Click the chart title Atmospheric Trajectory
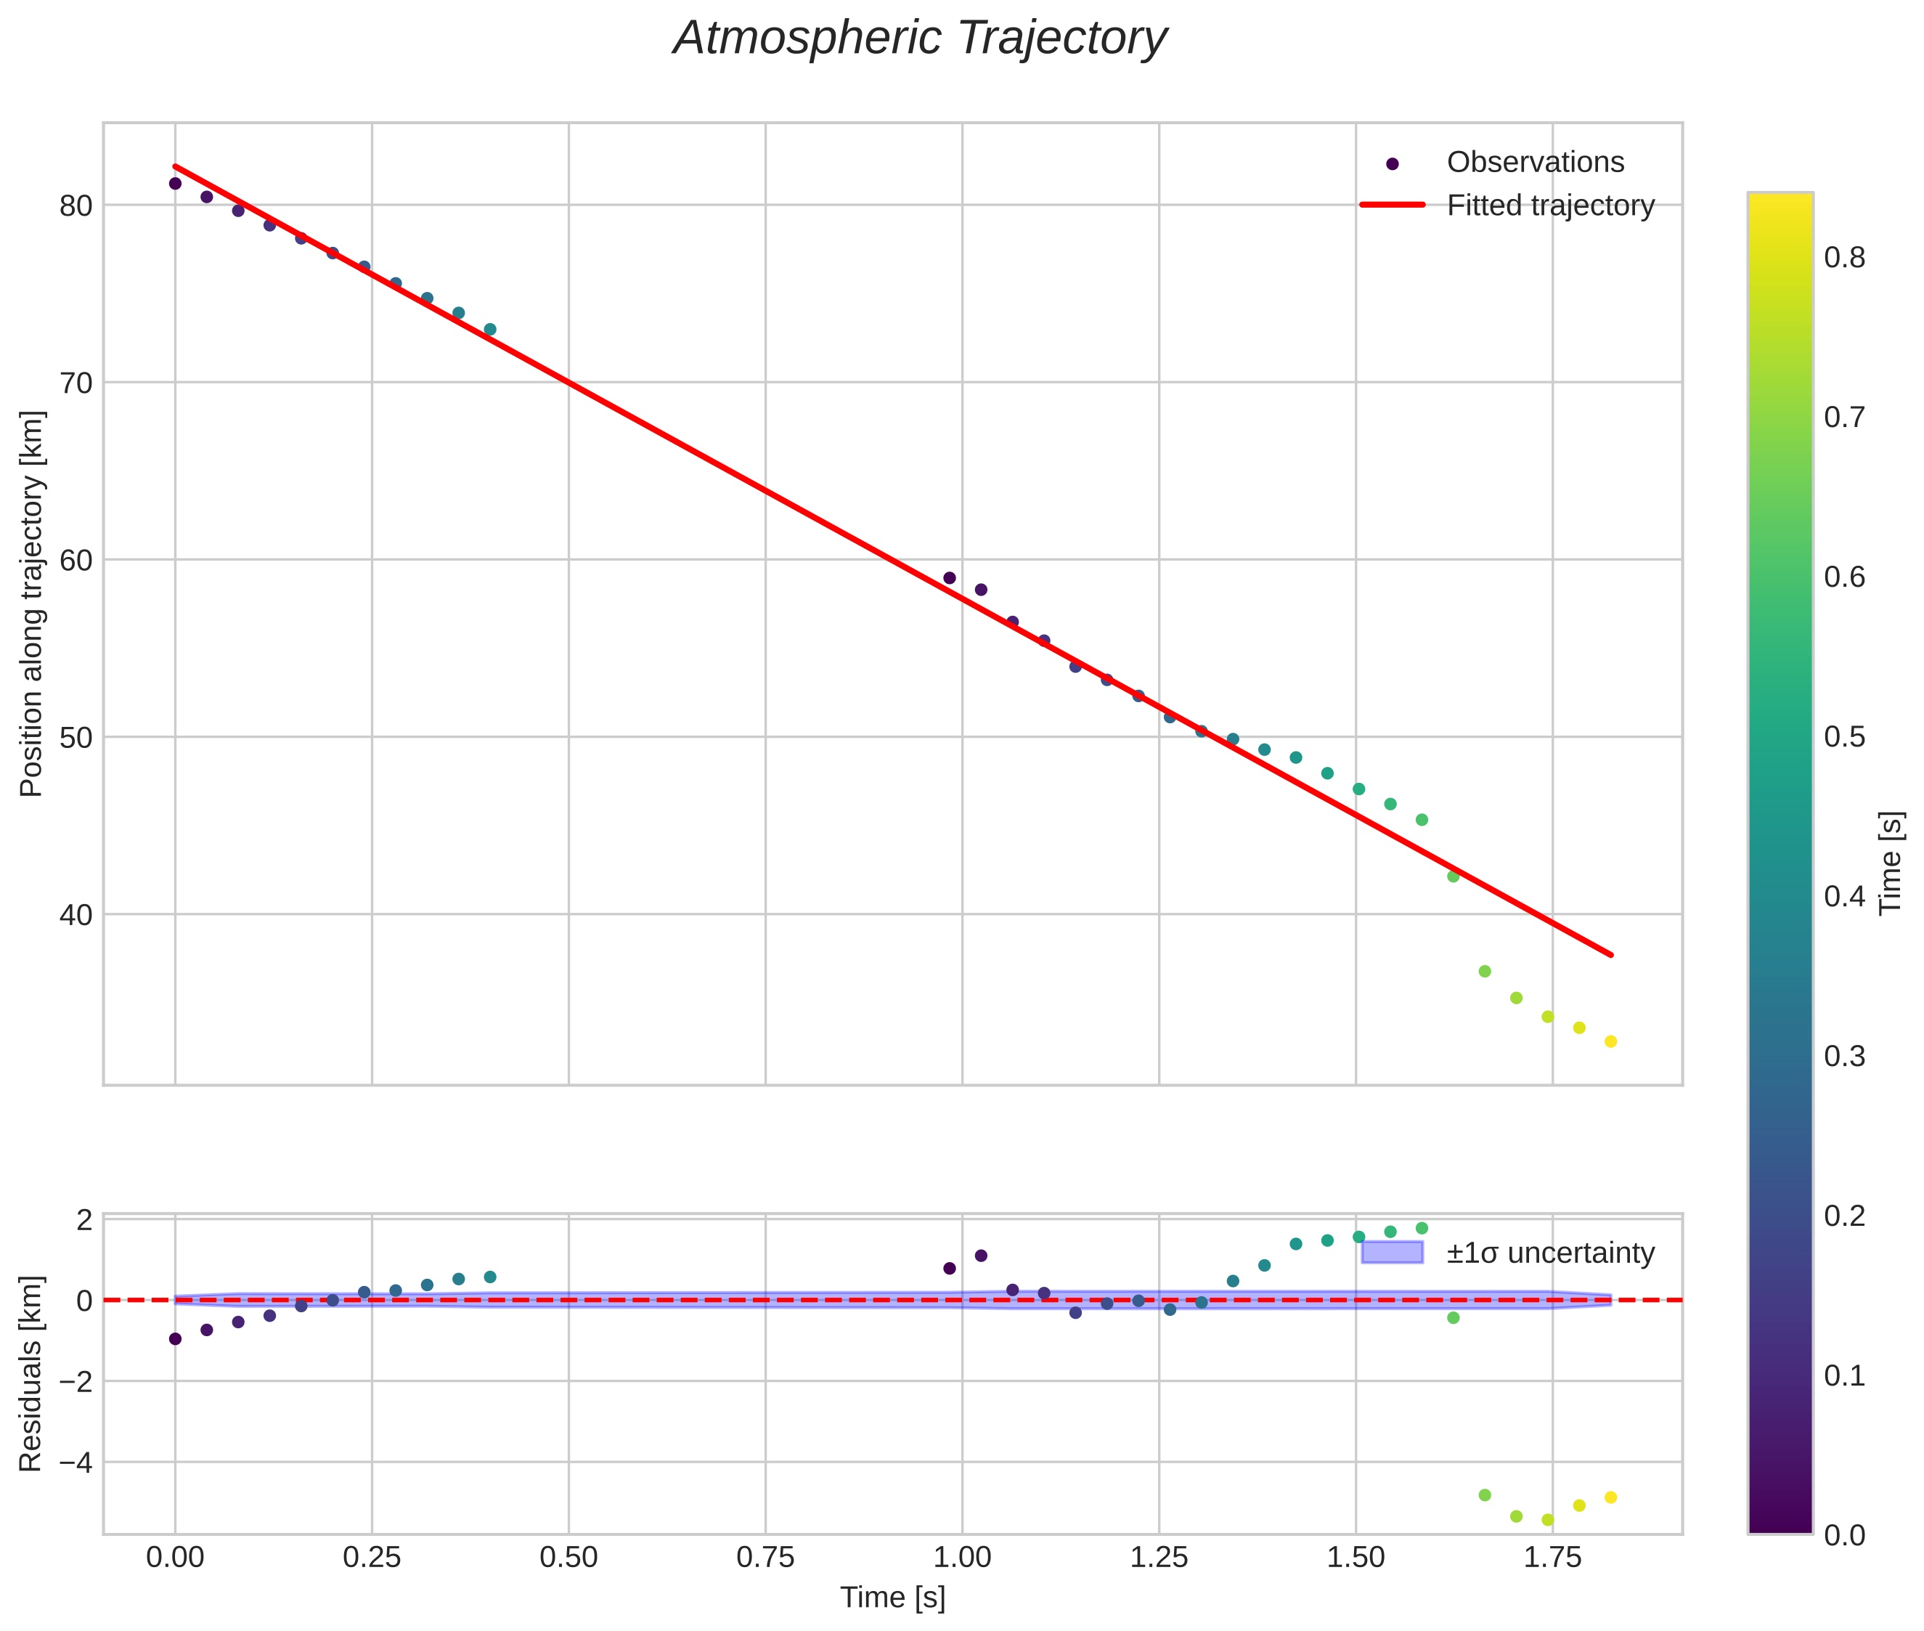920,38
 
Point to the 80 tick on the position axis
76,206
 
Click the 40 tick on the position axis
76,914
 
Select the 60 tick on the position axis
76,561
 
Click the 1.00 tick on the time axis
963,1557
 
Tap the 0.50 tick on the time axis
568,1557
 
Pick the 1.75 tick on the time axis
1552,1557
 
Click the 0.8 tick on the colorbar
1844,257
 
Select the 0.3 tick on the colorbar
1844,1056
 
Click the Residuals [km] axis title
31,1373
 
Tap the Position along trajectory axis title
31,603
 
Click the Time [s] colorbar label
1891,863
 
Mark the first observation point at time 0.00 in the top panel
175,183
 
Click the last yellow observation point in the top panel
1610,1041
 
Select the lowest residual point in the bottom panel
1548,1520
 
